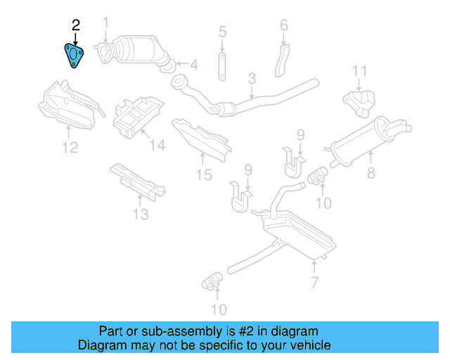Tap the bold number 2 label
pyautogui.click(x=76, y=25)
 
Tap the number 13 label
pyautogui.click(x=141, y=214)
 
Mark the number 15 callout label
pyautogui.click(x=203, y=175)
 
